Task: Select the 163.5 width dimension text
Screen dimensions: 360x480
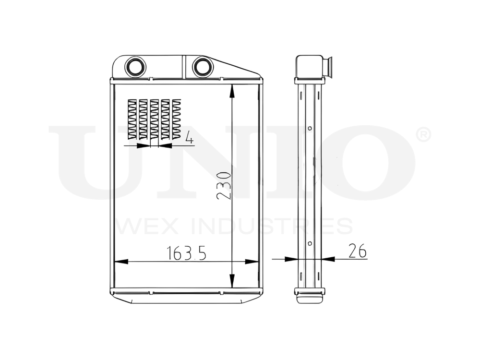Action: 186,253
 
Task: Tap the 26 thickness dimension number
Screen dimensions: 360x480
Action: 356,251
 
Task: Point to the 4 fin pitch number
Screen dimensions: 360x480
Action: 189,139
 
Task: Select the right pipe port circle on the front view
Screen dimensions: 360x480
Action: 202,66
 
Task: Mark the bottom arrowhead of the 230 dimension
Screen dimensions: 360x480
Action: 232,281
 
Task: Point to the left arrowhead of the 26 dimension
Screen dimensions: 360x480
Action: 290,259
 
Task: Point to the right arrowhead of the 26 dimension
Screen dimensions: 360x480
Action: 328,259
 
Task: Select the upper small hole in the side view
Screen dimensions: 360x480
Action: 310,128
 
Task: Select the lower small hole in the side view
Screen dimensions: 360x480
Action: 310,243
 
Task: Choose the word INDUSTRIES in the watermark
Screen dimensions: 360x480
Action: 271,226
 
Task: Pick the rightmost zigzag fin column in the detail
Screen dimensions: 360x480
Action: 177,119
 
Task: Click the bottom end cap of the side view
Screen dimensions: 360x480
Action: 310,297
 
